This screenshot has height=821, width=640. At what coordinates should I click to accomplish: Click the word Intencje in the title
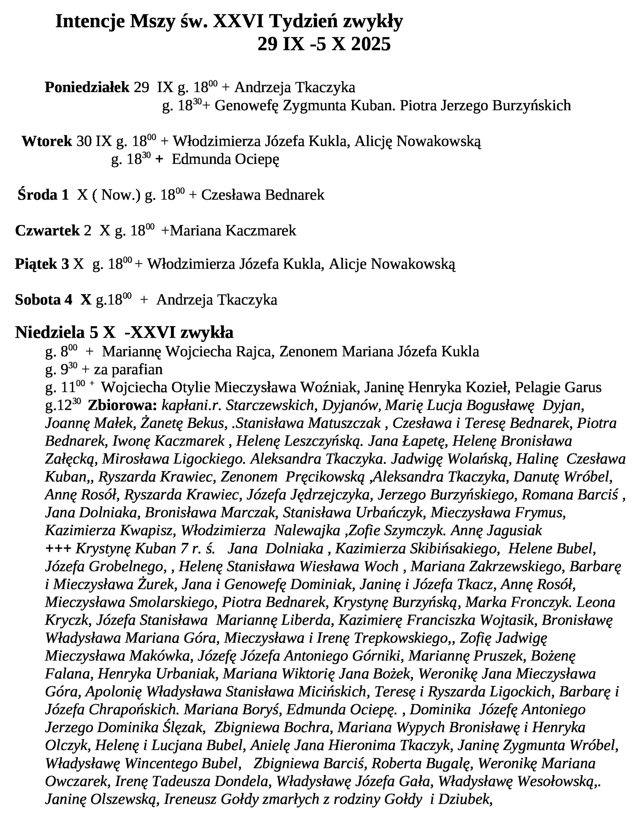click(x=90, y=22)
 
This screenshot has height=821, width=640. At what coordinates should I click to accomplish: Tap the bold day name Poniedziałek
click(x=87, y=88)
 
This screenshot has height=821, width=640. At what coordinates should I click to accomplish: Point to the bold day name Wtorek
click(x=47, y=142)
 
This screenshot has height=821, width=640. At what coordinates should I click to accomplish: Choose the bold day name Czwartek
click(x=48, y=231)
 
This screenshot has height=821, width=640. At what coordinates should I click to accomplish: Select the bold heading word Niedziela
click(x=50, y=333)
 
